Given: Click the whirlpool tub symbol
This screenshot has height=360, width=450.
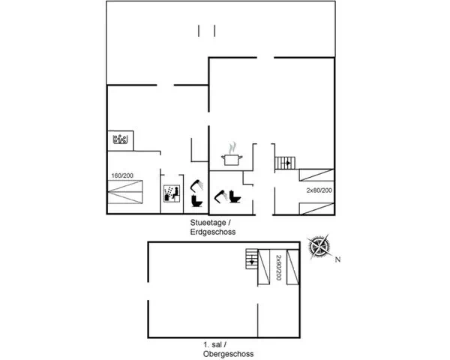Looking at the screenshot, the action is (120, 139).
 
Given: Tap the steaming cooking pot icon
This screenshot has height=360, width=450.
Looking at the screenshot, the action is (232, 154).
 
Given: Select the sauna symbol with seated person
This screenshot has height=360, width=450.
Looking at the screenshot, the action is (171, 193).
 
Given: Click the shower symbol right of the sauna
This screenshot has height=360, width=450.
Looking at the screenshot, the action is (196, 185).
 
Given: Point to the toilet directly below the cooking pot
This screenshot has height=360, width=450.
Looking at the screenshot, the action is (235, 196).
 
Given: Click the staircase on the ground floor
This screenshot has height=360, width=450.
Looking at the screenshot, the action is (285, 163).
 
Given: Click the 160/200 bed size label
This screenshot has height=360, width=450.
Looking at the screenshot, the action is (122, 175).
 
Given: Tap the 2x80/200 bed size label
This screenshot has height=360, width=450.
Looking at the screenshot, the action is (319, 190).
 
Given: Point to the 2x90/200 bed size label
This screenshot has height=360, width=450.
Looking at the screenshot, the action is (278, 268).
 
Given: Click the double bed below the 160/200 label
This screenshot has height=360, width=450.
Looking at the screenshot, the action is (125, 192).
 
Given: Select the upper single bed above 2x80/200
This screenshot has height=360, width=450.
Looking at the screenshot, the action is (316, 175).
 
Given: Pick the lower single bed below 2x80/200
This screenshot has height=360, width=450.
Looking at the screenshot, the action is (316, 208).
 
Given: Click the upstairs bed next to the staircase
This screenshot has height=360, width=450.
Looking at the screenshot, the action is (264, 267).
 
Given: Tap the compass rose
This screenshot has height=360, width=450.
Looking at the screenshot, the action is (319, 247).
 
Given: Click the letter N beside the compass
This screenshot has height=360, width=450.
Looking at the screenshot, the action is (337, 259).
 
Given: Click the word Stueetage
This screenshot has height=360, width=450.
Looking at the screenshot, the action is (208, 223).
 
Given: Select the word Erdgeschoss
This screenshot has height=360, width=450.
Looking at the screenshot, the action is (213, 232).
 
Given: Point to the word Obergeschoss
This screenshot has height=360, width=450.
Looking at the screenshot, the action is (229, 354).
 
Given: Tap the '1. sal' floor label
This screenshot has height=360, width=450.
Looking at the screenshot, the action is (213, 344).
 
